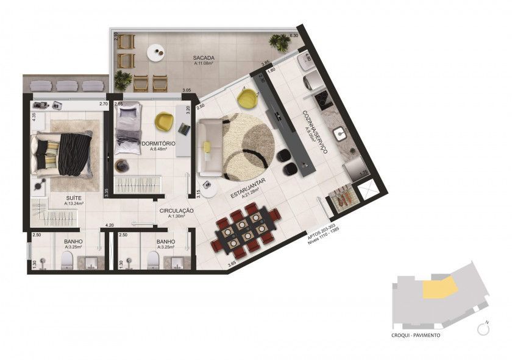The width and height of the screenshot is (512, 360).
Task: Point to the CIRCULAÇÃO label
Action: point(176,211)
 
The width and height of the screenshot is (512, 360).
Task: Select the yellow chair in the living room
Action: point(246,97)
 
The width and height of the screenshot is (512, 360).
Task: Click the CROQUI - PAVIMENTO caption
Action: point(417,335)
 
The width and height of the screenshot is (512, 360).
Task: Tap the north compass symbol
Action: point(485,329)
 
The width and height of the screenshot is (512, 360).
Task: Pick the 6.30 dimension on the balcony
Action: point(294,36)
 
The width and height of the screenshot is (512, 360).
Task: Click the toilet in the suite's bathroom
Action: point(66,261)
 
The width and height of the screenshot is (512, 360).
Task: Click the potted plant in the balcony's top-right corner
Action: point(279,42)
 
